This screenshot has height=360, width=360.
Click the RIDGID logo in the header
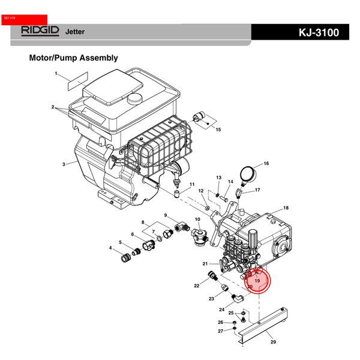[39, 31]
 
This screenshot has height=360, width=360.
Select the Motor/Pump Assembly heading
[73, 58]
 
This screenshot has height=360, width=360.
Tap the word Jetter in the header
[75, 32]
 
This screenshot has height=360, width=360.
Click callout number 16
[266, 163]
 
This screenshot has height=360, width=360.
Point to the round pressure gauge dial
[247, 175]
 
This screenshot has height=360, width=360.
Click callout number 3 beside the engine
[64, 164]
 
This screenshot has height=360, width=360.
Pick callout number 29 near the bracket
[273, 342]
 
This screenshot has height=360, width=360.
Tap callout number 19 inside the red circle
[257, 280]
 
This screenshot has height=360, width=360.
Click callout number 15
[218, 130]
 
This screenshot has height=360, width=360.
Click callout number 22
[196, 286]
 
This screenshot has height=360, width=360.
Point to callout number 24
[221, 310]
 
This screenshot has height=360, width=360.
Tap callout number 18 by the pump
[286, 208]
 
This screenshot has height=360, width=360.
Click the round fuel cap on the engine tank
[133, 96]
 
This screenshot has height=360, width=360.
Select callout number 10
[197, 220]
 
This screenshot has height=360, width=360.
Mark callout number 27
[220, 331]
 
